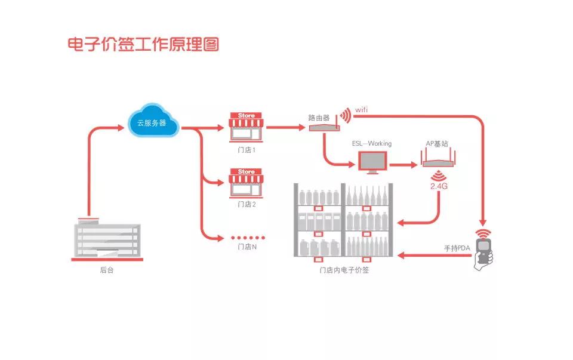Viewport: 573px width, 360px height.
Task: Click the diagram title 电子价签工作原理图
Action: click(143, 45)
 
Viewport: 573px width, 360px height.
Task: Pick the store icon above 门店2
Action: click(246, 182)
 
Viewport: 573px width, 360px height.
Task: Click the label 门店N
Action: click(247, 247)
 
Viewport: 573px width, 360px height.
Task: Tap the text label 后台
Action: click(107, 270)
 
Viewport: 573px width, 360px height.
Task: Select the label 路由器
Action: click(319, 118)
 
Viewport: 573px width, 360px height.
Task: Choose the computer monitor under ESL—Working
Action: click(372, 162)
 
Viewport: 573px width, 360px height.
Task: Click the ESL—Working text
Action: click(372, 143)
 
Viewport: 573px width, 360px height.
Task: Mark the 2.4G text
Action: click(439, 187)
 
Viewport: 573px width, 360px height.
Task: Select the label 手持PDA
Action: click(458, 248)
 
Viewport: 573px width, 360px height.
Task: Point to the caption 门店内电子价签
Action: click(344, 270)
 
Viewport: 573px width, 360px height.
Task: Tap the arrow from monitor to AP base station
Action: click(403, 163)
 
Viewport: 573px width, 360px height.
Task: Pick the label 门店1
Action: click(247, 150)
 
